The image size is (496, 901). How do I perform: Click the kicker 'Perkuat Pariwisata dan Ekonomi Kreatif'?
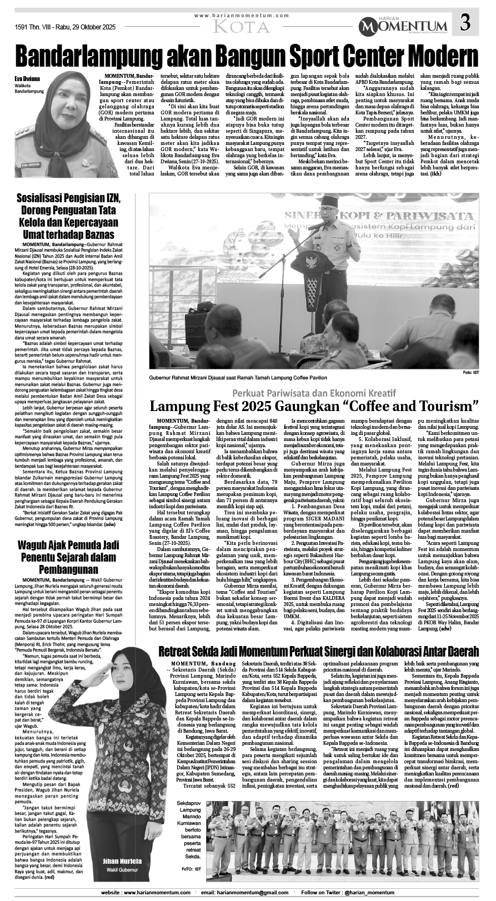point(314,389)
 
